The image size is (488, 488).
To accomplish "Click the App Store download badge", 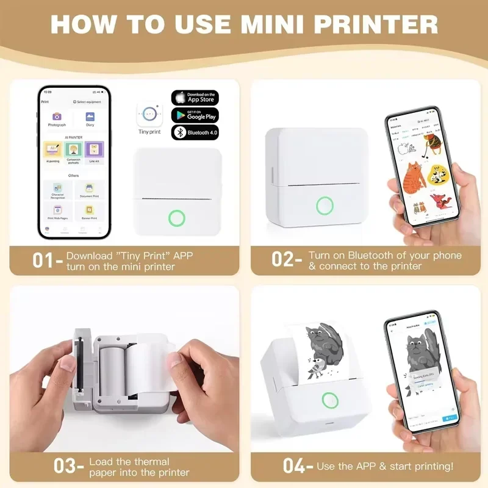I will (x=195, y=98).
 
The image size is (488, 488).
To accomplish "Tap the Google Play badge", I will (x=195, y=115).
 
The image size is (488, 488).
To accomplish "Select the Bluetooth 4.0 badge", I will (x=195, y=132).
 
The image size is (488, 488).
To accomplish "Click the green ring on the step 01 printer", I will (x=178, y=218).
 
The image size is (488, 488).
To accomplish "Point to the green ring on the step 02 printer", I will (x=325, y=205).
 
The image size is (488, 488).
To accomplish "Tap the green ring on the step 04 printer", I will (x=330, y=400).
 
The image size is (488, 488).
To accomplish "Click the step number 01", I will (x=45, y=261).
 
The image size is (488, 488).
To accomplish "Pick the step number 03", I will (x=65, y=467).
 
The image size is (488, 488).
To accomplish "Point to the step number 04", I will (x=295, y=467).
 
